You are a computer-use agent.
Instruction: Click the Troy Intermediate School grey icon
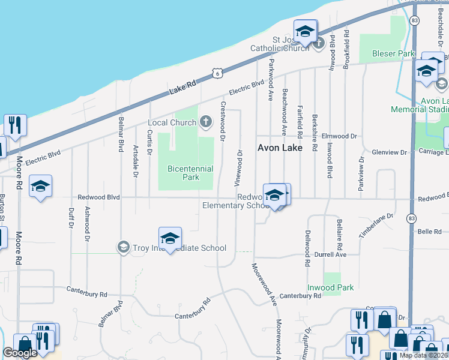(x=123, y=247)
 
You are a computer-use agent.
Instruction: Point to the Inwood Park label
(x=331, y=288)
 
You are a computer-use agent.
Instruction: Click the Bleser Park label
(x=393, y=53)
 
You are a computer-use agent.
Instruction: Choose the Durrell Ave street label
(x=331, y=254)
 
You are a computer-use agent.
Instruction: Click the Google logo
(x=20, y=353)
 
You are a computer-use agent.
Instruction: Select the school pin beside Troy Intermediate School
(x=170, y=239)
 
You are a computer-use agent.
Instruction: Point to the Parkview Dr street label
(x=361, y=175)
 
